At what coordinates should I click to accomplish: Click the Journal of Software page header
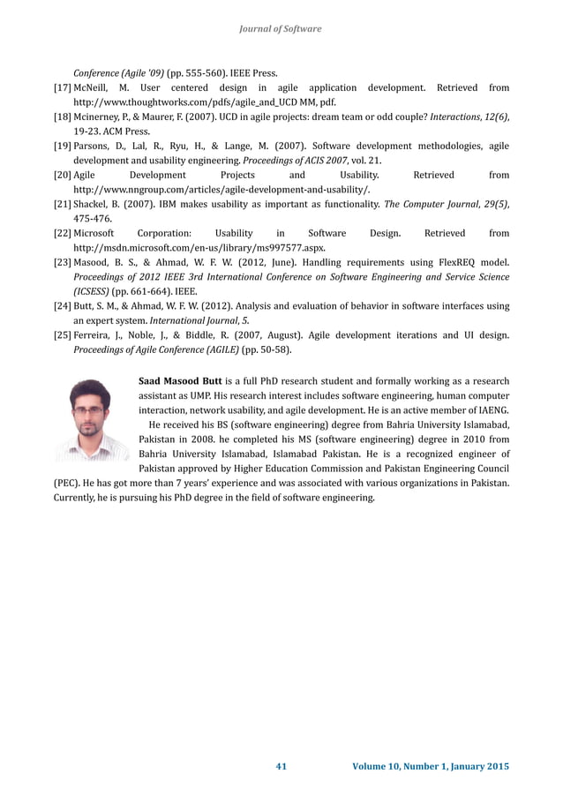point(281,29)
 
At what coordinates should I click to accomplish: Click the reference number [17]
point(63,88)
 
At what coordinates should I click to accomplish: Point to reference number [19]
point(63,146)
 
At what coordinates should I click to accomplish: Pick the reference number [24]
point(63,305)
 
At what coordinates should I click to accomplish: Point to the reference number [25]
point(63,334)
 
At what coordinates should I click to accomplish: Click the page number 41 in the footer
point(281,766)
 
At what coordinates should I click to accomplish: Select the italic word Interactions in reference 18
point(451,117)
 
